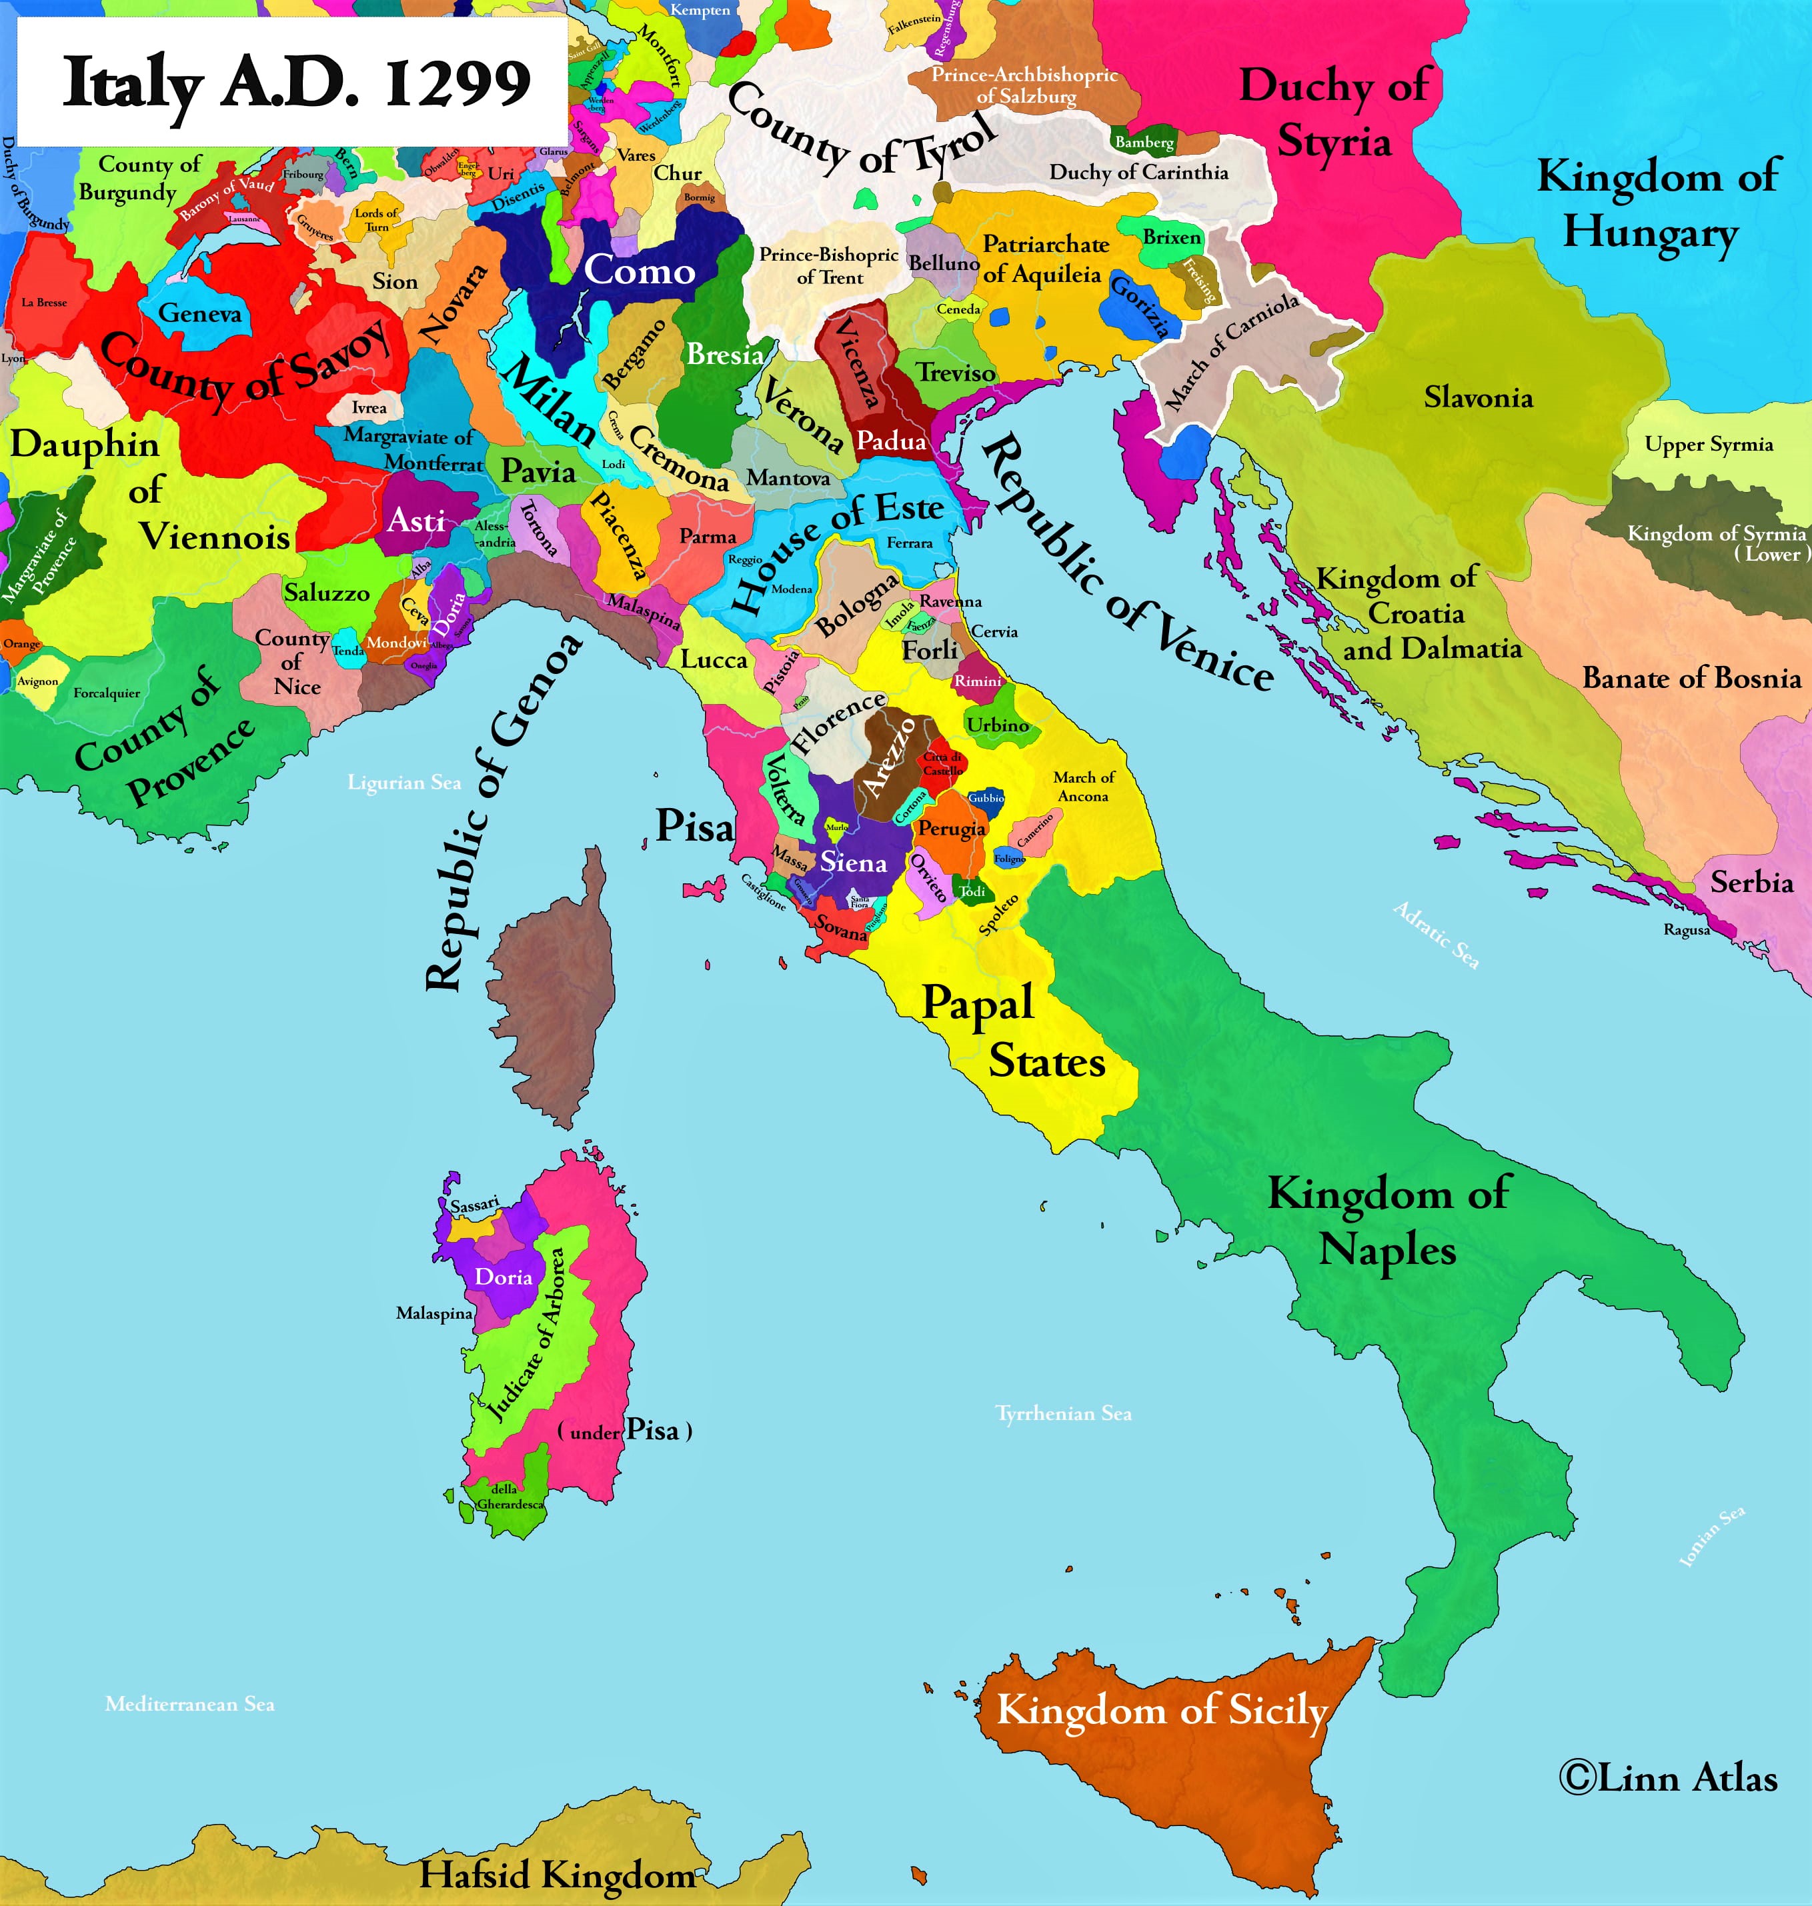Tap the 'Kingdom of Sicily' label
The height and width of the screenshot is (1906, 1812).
point(1162,1710)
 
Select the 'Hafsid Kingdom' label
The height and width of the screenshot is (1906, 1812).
point(558,1874)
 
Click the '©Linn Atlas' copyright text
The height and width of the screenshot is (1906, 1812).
point(1668,1777)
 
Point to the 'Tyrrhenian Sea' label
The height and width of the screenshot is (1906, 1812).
point(1064,1413)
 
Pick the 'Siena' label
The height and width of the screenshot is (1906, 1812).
point(854,862)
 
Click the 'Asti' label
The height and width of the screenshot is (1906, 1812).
point(415,521)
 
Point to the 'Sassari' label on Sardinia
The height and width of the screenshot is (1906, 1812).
point(474,1204)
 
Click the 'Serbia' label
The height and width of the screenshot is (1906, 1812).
point(1751,881)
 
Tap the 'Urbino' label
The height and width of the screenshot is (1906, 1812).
point(998,724)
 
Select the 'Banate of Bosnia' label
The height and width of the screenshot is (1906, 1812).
point(1691,678)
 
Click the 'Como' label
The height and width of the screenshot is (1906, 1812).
point(640,271)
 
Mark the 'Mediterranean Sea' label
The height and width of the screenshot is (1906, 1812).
point(189,1704)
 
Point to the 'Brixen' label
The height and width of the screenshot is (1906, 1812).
point(1172,237)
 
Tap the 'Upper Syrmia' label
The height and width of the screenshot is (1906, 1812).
point(1709,444)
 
